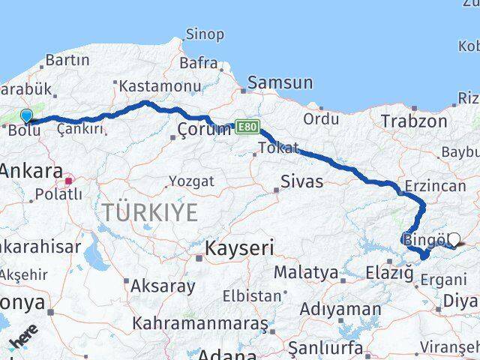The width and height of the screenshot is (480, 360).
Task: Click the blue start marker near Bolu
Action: tap(27, 115)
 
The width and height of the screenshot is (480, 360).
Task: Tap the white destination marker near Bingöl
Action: tap(453, 239)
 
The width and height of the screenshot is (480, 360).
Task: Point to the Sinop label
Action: tap(204, 34)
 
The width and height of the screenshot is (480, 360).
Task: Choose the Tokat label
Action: tap(277, 147)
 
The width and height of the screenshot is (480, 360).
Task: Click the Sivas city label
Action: tap(301, 181)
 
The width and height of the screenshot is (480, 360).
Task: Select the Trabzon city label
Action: tap(408, 121)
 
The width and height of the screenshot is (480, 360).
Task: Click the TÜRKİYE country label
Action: tap(150, 212)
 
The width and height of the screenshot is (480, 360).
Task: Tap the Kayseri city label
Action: tap(240, 247)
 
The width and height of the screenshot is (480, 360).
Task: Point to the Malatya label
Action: tap(305, 272)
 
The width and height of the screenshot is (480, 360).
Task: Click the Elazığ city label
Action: tap(389, 274)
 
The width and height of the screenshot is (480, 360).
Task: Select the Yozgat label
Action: tap(191, 181)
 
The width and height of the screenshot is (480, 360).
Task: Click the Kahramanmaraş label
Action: tap(199, 324)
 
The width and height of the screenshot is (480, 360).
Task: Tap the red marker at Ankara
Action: tap(69, 180)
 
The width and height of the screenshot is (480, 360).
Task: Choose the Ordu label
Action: tap(322, 118)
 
